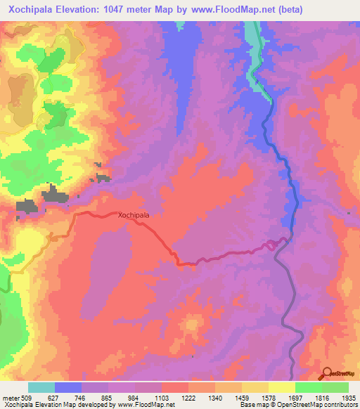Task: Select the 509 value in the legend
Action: point(24,396)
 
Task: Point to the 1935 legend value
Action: point(347,396)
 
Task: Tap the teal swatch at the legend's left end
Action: point(41,387)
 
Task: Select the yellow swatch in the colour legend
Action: point(281,387)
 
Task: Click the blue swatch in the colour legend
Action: point(67,387)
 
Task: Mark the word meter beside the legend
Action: point(8,396)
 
